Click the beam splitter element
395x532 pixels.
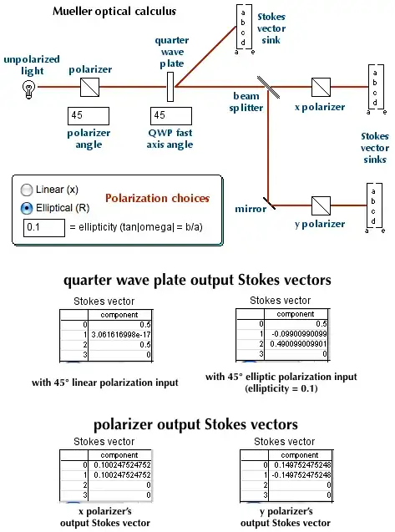[x=267, y=84]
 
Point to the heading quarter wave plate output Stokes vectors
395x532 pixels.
[x=197, y=280]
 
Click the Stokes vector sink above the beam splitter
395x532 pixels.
[x=242, y=27]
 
